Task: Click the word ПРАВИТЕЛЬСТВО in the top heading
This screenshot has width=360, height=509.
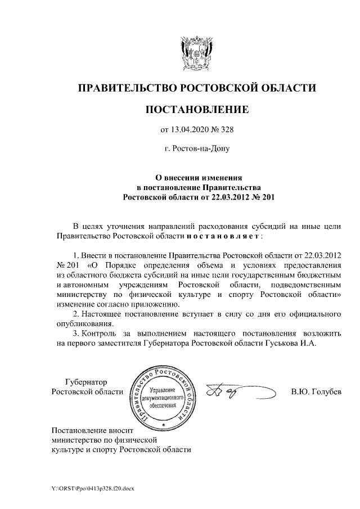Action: (127, 88)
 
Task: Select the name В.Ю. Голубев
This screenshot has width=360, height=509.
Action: (316, 391)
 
